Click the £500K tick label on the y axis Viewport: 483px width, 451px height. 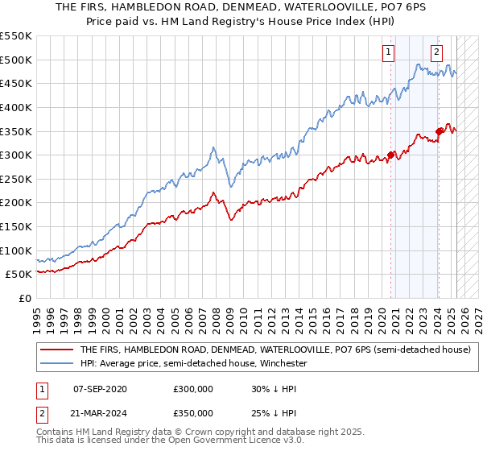pyautogui.click(x=16, y=60)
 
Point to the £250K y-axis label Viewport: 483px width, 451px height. pyautogui.click(x=16, y=179)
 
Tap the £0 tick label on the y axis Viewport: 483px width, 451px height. pyautogui.click(x=24, y=298)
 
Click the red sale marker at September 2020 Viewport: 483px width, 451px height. pyautogui.click(x=390, y=155)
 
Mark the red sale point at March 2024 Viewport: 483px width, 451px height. pyautogui.click(x=439, y=131)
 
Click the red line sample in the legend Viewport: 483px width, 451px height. pyautogui.click(x=56, y=350)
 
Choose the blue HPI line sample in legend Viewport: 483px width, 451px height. pyautogui.click(x=56, y=363)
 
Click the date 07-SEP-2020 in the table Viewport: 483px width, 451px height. pyautogui.click(x=100, y=388)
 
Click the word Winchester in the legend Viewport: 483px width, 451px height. pyautogui.click(x=283, y=363)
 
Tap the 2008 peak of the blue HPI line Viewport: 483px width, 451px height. pyautogui.click(x=213, y=147)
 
